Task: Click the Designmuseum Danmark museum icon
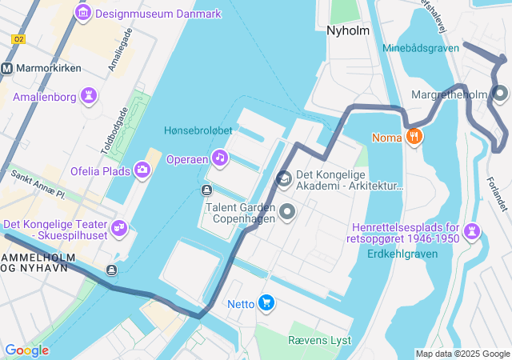82,13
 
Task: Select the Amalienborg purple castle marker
89,97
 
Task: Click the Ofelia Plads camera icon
142,169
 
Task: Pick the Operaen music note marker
219,158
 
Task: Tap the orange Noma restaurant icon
414,137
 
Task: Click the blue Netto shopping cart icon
266,303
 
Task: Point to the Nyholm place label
348,30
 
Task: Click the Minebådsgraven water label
421,48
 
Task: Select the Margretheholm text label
448,95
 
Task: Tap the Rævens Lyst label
319,340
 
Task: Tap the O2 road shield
19,39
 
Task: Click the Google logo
26,350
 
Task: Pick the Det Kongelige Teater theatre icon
120,227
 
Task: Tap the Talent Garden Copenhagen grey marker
287,212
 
